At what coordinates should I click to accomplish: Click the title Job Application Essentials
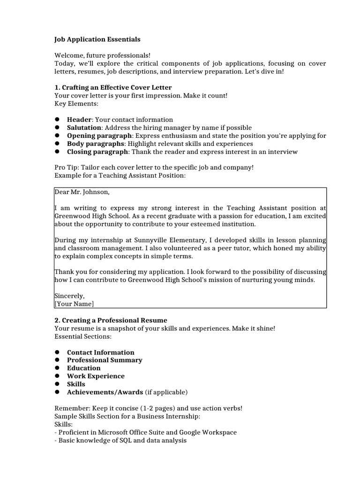click(97, 39)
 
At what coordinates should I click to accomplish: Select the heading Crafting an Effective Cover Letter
click(113, 88)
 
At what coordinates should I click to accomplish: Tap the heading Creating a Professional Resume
click(111, 320)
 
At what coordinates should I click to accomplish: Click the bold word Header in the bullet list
click(79, 120)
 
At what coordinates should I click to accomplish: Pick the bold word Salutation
click(84, 127)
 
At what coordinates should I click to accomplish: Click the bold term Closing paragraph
click(97, 151)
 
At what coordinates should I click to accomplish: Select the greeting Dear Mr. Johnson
click(82, 192)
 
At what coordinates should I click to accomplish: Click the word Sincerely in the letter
click(69, 296)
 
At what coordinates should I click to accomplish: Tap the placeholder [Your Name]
click(74, 304)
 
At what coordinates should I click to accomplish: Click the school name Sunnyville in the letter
click(141, 240)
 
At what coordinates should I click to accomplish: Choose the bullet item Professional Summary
click(105, 360)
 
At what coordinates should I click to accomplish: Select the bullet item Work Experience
click(96, 376)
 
